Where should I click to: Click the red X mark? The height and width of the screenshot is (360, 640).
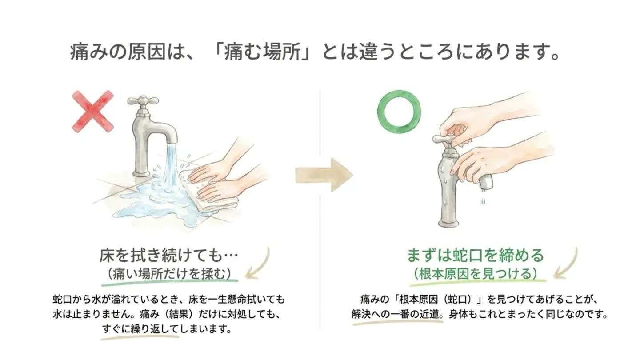pos(92,111)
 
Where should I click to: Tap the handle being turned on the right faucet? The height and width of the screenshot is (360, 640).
pos(446,139)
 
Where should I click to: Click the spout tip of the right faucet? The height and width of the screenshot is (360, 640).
pos(486,181)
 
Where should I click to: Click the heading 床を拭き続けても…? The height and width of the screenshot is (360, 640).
pos(169,256)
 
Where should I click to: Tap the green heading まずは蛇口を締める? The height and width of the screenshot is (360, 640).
pos(475,256)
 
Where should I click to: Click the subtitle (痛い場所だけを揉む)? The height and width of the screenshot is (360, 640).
pos(169,273)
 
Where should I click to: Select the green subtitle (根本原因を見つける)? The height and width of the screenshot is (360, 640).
pos(475,272)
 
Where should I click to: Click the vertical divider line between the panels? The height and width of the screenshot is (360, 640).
pos(320,209)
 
